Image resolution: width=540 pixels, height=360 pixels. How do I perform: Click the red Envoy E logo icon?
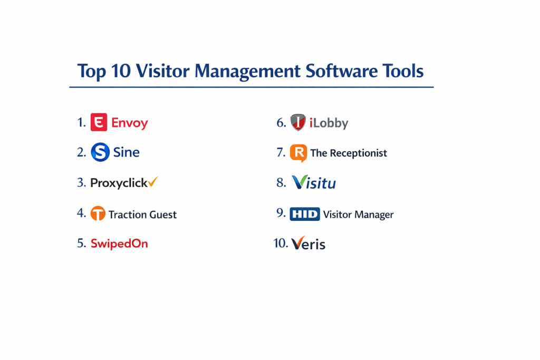[x=99, y=122]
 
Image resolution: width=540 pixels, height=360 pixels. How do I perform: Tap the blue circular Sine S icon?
[x=100, y=152]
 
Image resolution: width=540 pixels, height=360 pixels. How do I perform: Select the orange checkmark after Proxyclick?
[x=153, y=181]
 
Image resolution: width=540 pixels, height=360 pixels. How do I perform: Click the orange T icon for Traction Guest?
[x=98, y=213]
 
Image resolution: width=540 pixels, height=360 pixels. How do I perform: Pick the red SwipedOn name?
[x=119, y=244]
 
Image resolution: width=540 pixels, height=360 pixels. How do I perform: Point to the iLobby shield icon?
[x=298, y=122]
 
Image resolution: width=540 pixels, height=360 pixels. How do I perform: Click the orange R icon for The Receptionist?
[x=298, y=153]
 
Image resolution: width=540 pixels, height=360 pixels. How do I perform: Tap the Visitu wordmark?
[x=314, y=182]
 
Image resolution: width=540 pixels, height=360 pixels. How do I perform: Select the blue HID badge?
[x=305, y=213]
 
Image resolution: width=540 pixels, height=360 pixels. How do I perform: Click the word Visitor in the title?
[x=162, y=71]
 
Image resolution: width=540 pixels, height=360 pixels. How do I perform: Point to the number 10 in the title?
[x=121, y=71]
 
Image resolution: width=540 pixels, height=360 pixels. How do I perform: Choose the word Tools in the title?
[x=403, y=71]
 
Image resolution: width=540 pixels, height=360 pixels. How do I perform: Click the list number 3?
[x=81, y=182]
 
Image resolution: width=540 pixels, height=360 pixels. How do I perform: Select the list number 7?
[x=281, y=152]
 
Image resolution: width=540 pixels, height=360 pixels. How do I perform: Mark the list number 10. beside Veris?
[x=281, y=243]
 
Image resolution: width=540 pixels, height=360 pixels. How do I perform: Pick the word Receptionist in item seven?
[x=359, y=153]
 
